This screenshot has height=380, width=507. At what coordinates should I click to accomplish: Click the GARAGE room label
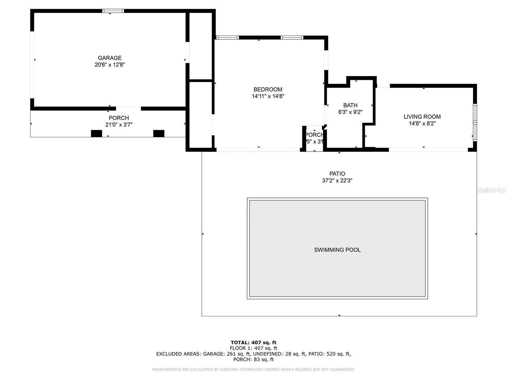click(110, 58)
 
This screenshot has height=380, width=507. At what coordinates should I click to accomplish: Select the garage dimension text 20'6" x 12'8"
click(110, 65)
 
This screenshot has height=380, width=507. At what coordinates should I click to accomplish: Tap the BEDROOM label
click(268, 90)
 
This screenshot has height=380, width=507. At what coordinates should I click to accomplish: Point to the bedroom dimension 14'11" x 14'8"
click(268, 97)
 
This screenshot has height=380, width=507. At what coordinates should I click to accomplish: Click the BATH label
click(350, 105)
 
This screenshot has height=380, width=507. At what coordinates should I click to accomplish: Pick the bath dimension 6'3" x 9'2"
click(350, 112)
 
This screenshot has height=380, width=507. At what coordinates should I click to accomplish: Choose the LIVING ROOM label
click(422, 117)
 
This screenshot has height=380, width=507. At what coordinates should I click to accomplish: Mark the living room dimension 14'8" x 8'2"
click(422, 124)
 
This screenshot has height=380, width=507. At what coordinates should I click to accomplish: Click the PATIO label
click(337, 174)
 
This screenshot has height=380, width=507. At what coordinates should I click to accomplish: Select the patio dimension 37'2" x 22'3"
click(337, 181)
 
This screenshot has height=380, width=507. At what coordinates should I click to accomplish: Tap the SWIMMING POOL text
click(337, 250)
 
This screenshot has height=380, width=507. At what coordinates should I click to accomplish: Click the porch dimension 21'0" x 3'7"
click(119, 125)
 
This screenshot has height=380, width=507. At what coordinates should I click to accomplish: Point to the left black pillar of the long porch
click(96, 134)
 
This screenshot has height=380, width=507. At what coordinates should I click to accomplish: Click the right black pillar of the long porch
click(159, 134)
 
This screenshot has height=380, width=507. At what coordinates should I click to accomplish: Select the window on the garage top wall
click(113, 11)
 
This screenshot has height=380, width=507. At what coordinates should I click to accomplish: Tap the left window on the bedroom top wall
click(227, 38)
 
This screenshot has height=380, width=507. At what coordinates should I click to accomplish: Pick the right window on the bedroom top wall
click(292, 38)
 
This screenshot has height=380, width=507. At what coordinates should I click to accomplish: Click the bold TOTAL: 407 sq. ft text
click(253, 343)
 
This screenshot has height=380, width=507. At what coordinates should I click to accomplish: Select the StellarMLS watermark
click(491, 190)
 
